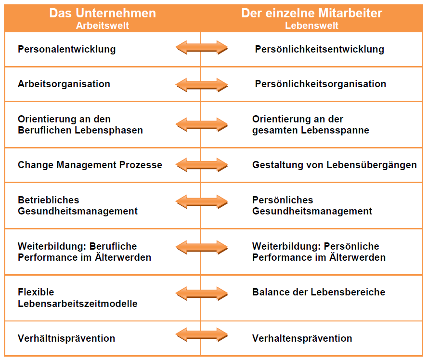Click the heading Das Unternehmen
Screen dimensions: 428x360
[x=103, y=13]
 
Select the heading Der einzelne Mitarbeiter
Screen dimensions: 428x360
[x=311, y=13]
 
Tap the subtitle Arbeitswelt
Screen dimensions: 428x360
[x=103, y=26]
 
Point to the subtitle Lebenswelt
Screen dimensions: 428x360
[x=311, y=26]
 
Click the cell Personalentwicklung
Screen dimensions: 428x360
[x=67, y=50]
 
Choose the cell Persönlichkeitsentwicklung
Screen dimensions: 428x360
[x=319, y=50]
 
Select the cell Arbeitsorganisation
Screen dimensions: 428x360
[x=64, y=84]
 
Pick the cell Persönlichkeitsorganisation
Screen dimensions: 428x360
[x=321, y=84]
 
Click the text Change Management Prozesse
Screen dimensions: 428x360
[x=90, y=165]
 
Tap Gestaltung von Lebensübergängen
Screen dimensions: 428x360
[x=335, y=165]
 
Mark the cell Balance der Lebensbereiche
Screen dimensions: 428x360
[x=319, y=292]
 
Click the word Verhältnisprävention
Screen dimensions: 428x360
[x=66, y=338]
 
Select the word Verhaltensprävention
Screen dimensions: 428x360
[x=302, y=338]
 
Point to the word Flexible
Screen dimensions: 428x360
[x=36, y=292]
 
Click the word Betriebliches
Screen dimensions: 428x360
[x=48, y=200]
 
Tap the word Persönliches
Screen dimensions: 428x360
[x=283, y=200]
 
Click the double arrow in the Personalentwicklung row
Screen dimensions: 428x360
[x=201, y=48]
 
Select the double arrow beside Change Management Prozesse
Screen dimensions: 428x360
[x=201, y=165]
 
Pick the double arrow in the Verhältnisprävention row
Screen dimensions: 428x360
[x=201, y=334]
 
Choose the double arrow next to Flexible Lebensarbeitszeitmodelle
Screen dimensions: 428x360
[x=201, y=293]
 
